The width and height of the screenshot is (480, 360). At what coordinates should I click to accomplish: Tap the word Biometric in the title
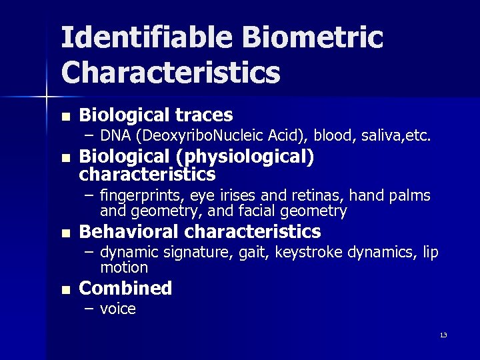(x=313, y=37)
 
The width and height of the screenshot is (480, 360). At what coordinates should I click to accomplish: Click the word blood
(x=334, y=136)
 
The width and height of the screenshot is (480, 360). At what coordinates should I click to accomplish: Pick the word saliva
(x=383, y=136)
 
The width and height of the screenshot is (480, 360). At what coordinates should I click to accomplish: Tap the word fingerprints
(x=142, y=195)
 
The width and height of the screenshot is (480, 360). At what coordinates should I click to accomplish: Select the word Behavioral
(x=129, y=231)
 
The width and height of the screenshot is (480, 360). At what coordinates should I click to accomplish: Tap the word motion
(x=124, y=267)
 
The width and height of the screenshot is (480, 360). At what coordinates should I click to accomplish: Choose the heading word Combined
(x=125, y=288)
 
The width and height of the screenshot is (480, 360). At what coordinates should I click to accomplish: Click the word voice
(x=118, y=309)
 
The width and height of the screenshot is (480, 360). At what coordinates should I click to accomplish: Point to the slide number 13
(x=443, y=335)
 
